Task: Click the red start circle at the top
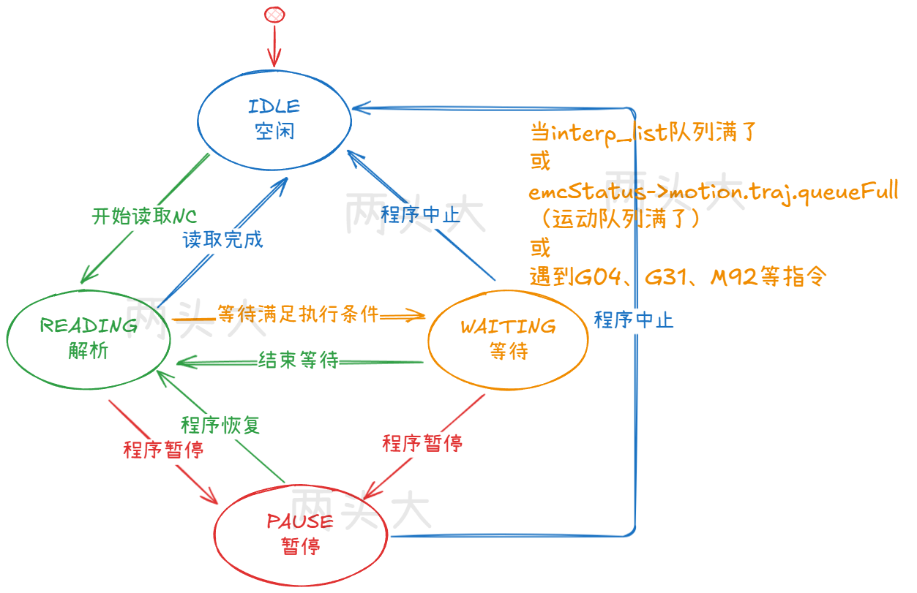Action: (274, 15)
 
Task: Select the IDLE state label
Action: (274, 106)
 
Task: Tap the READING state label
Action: (89, 325)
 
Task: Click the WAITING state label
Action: (508, 326)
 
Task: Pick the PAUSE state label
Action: (300, 521)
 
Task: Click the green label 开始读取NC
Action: (145, 216)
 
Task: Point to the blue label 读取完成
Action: (223, 239)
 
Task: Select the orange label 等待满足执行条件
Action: (299, 314)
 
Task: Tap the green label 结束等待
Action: (299, 360)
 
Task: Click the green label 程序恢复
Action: (220, 425)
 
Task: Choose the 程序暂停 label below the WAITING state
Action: (422, 443)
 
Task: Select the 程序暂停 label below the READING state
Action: (163, 450)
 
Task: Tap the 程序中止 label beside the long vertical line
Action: (634, 320)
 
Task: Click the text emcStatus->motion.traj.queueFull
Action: (714, 192)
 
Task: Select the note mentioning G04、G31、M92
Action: (678, 277)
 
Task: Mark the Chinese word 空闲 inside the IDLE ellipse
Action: (274, 132)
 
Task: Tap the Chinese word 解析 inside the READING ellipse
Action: (89, 351)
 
